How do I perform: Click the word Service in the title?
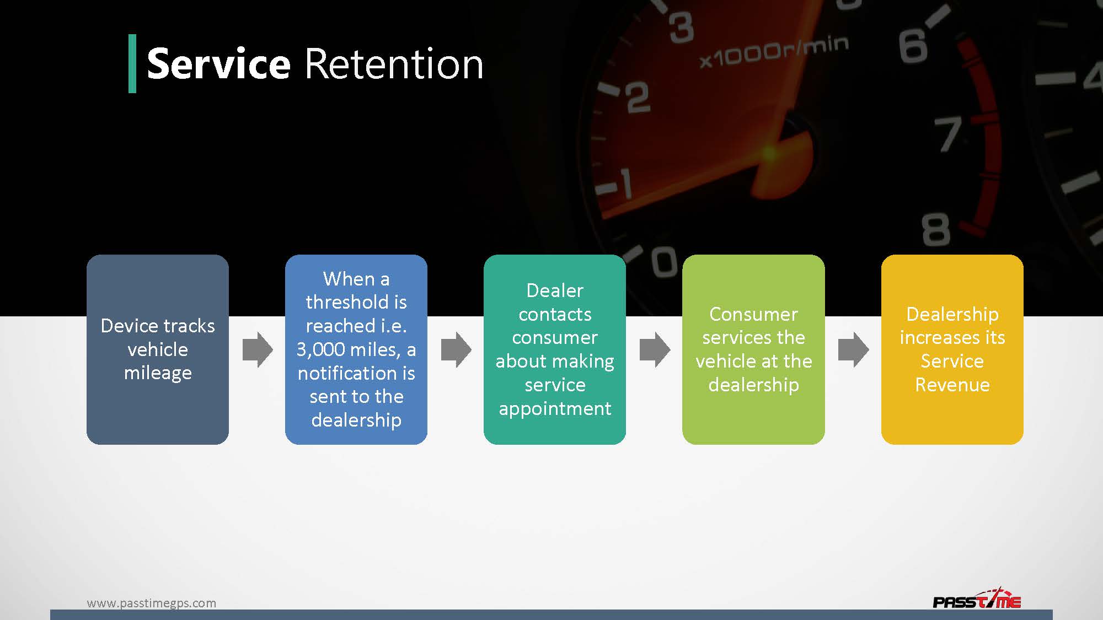218,64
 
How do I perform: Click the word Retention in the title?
393,64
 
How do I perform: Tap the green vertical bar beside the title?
132,63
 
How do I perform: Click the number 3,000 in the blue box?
320,349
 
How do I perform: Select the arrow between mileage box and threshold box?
258,349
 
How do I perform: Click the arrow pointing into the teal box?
456,349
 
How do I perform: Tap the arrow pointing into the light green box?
655,349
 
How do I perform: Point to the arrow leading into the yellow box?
853,349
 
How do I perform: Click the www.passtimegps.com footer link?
151,603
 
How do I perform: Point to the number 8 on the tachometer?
936,230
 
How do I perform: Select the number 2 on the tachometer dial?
638,98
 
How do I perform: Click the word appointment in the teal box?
555,408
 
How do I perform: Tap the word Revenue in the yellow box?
952,385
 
